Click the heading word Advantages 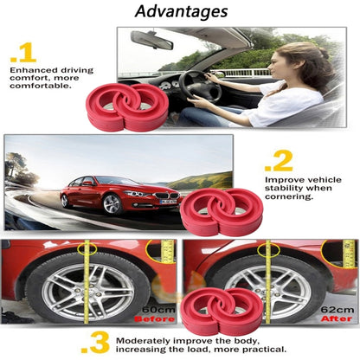(x=182, y=12)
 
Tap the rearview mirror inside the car (x=152, y=40)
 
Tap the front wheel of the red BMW (x=112, y=203)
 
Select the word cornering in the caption (x=289, y=198)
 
